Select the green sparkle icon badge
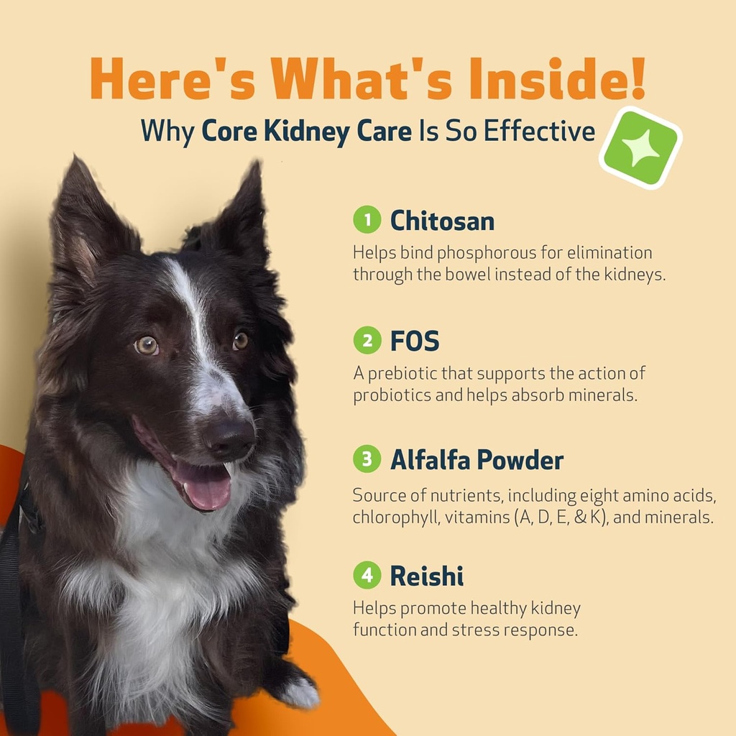pos(640,148)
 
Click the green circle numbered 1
pos(367,220)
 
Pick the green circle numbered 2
pos(367,340)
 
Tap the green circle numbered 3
pos(367,459)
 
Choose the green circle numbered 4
pos(367,575)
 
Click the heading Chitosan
pos(442,221)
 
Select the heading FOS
pos(414,341)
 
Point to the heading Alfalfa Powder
pos(477,460)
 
